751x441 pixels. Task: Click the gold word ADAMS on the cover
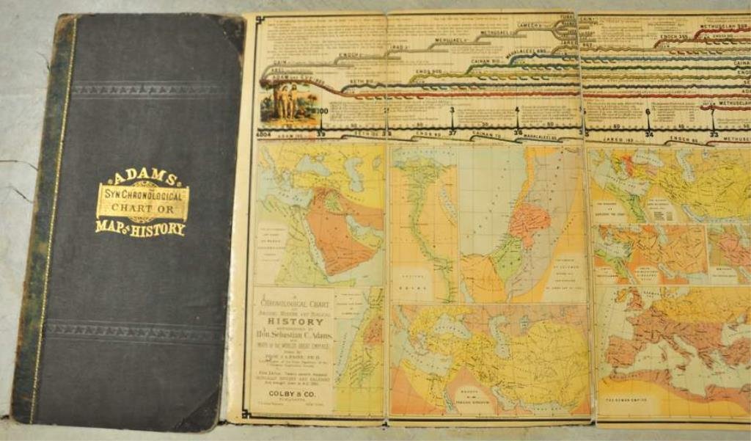142,177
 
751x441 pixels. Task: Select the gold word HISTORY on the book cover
158,229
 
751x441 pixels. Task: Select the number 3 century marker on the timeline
452,110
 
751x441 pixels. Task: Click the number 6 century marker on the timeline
648,112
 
